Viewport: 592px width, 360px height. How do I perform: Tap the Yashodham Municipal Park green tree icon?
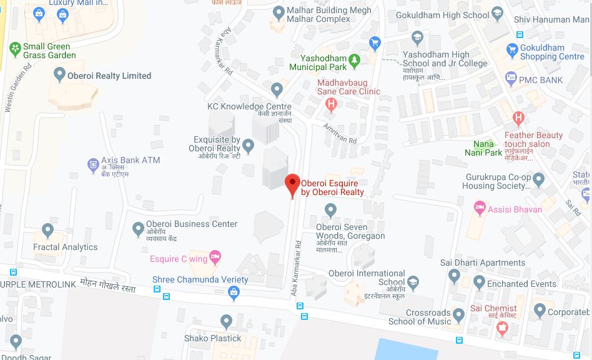pos(355,60)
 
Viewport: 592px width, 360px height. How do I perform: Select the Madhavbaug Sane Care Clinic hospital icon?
pos(332,104)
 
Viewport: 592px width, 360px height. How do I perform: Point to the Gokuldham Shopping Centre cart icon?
pos(512,49)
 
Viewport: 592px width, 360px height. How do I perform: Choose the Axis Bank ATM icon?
pos(93,165)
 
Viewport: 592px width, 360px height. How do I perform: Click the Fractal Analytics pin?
pos(48,231)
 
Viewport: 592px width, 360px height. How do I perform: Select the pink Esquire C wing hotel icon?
pos(215,256)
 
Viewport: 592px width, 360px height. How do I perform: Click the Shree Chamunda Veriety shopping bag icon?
pos(234,291)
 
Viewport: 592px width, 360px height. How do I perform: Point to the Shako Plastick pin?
pos(226,321)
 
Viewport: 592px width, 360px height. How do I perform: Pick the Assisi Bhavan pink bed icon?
pos(480,207)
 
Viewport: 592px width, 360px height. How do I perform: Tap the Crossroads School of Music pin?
pos(459,313)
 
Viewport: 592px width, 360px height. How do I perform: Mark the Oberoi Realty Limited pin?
pos(60,75)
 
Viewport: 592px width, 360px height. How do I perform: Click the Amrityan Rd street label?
pos(340,133)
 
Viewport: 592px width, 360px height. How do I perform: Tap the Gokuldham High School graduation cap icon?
pos(497,13)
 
